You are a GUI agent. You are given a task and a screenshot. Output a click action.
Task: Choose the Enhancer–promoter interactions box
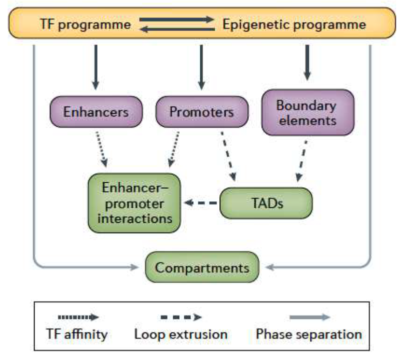click(x=134, y=203)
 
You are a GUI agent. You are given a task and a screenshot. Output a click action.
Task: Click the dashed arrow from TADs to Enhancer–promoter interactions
click(x=201, y=203)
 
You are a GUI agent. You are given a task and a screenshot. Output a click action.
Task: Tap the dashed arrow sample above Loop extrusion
click(x=181, y=317)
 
